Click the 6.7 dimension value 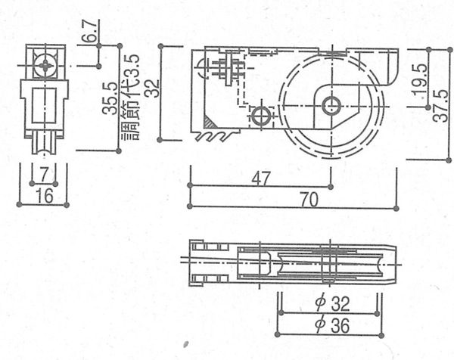tap(92, 31)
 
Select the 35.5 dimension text tap(110, 98)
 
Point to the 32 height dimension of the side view tap(153, 88)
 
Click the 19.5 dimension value tap(421, 79)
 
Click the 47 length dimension tap(261, 178)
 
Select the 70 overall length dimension tap(309, 200)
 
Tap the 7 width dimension tap(44, 175)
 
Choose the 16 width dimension tap(45, 196)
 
